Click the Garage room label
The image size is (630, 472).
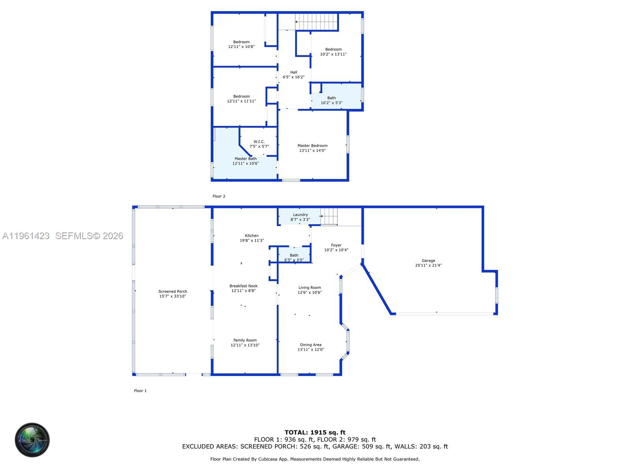[x=428, y=260]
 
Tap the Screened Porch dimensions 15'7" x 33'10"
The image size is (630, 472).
[x=172, y=296]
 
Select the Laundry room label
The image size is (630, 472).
[x=300, y=215]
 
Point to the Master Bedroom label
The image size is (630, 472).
[x=312, y=146]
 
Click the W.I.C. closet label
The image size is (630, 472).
[x=259, y=142]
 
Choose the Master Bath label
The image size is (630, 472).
[x=245, y=159]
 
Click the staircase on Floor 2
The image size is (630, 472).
[x=317, y=22]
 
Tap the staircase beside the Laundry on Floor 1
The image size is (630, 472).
[x=329, y=216]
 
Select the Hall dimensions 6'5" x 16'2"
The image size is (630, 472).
[x=293, y=77]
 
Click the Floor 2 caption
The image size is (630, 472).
[x=219, y=196]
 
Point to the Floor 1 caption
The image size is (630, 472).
[x=140, y=391]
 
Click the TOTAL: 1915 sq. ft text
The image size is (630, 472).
[x=315, y=432]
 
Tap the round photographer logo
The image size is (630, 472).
[x=32, y=440]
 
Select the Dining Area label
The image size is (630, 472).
[x=311, y=345]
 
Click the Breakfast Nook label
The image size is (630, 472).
[x=243, y=286]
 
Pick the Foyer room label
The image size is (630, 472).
[x=336, y=245]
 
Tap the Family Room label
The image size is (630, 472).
[x=245, y=340]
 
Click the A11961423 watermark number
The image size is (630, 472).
[x=26, y=236]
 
